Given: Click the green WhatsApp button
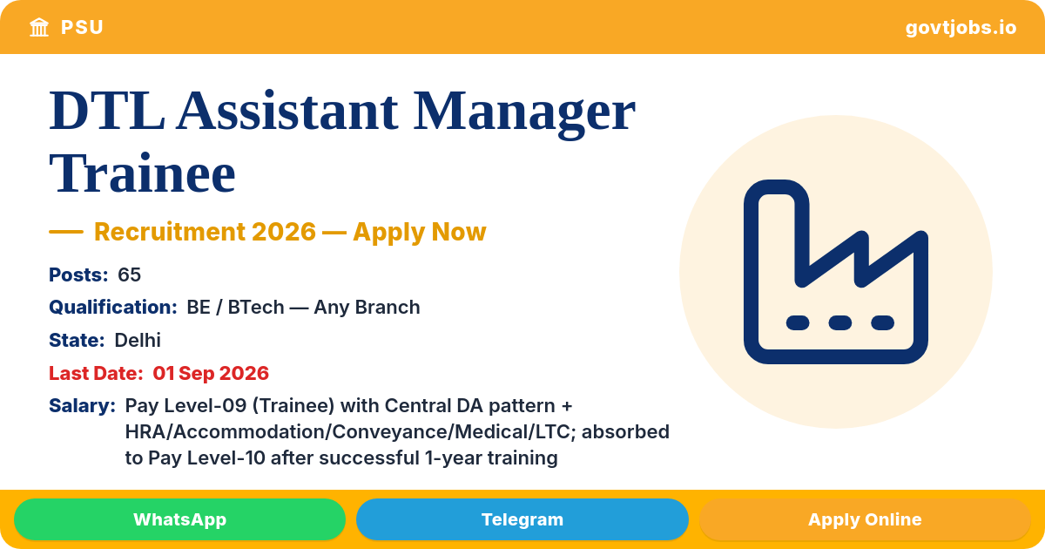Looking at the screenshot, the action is click(x=179, y=519).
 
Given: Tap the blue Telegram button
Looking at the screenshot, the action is click(x=522, y=519).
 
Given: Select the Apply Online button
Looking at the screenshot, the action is click(x=865, y=519).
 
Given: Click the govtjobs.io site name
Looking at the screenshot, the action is click(x=961, y=28).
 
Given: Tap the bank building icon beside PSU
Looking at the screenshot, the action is click(x=39, y=27).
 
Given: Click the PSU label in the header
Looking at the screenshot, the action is click(x=82, y=28).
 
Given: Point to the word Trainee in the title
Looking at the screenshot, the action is click(x=142, y=173).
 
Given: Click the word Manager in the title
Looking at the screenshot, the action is click(x=524, y=113).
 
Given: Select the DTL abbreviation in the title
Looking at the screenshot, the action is click(x=107, y=110).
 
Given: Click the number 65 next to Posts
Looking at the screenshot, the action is click(x=129, y=274).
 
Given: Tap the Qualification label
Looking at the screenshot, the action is click(x=113, y=307).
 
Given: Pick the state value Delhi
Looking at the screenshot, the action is click(x=138, y=340).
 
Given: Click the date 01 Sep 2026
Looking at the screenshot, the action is click(x=211, y=373).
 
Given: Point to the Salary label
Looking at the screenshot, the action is click(x=82, y=406).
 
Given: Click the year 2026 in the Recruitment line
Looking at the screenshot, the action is click(x=284, y=232).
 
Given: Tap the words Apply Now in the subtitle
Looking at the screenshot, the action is click(x=420, y=232).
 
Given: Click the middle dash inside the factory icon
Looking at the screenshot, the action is click(x=840, y=322).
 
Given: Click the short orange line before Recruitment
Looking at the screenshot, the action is click(x=66, y=232).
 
